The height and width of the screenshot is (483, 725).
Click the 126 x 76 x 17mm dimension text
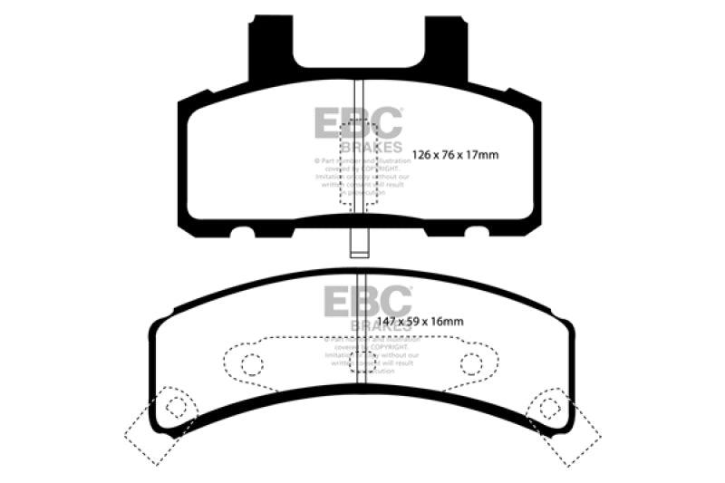click(x=456, y=155)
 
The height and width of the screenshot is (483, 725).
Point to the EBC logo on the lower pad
click(x=367, y=301)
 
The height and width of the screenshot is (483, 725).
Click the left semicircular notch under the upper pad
click(x=241, y=232)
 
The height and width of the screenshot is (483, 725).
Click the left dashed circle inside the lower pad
click(x=253, y=364)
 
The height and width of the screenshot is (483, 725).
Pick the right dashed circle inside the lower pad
click(x=470, y=364)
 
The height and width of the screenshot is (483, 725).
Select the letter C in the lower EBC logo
click(x=396, y=301)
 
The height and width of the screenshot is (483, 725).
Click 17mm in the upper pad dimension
click(x=481, y=155)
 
